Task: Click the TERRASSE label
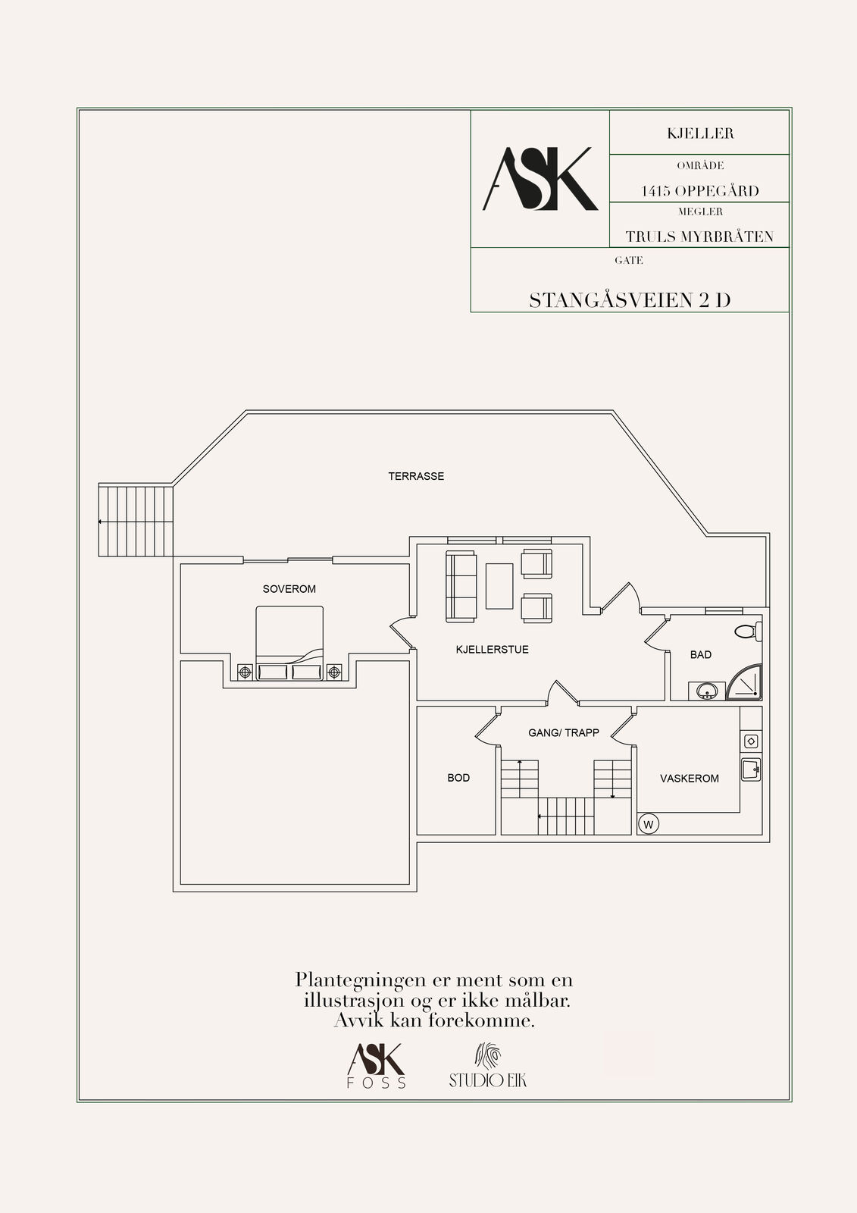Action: (x=416, y=476)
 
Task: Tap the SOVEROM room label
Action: (x=289, y=588)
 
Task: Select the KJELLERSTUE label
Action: (x=492, y=649)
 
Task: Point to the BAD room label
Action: (x=701, y=655)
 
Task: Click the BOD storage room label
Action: (x=458, y=778)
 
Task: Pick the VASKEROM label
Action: (x=690, y=778)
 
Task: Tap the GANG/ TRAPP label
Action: (x=564, y=732)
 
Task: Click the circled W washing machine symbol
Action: (x=649, y=825)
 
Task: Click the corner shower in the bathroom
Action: (x=744, y=682)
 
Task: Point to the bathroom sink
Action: (x=706, y=691)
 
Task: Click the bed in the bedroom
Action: (x=289, y=643)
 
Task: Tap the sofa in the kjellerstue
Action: (x=461, y=587)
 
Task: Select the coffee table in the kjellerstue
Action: (x=499, y=587)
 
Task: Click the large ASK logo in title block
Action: (x=540, y=179)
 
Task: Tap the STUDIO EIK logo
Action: (x=488, y=1065)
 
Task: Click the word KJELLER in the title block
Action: (x=700, y=133)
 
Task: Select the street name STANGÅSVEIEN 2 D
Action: (x=630, y=300)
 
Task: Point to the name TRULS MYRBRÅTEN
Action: (x=699, y=237)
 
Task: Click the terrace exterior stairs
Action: (x=136, y=521)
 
